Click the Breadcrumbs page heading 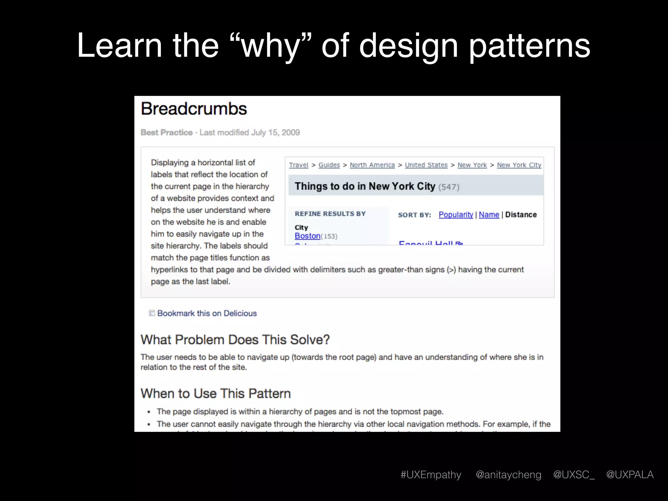point(194,109)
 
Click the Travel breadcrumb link point(298,165)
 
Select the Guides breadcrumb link point(329,165)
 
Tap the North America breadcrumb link point(372,165)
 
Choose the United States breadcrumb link point(426,165)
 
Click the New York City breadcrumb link point(519,165)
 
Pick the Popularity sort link point(456,215)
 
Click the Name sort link point(489,215)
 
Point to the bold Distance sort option point(521,215)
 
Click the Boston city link point(307,236)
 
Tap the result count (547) point(449,187)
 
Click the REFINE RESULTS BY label point(330,214)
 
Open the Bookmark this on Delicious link point(207,313)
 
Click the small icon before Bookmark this point(152,313)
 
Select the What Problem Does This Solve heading point(235,340)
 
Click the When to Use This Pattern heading point(216,394)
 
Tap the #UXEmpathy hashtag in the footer point(431,475)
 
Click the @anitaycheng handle point(508,475)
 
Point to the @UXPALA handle point(630,475)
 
